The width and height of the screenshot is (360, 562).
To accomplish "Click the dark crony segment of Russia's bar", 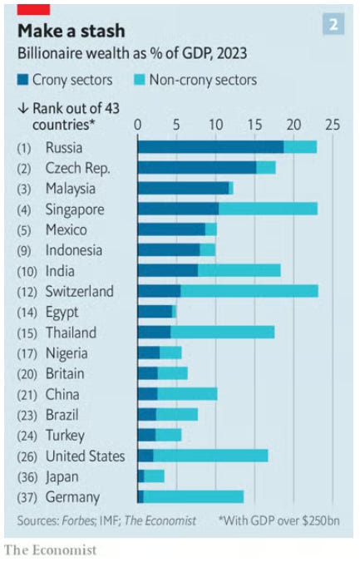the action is coord(211,147).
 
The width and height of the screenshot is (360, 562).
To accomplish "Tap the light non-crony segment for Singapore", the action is coord(269,209).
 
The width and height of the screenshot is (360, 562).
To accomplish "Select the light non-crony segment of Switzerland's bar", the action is coord(249,291).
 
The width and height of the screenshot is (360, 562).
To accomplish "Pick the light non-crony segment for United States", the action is coord(210,456).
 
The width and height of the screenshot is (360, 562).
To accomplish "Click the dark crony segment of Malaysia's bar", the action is coord(183,188).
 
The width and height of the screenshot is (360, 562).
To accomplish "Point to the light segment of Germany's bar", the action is coord(194,497).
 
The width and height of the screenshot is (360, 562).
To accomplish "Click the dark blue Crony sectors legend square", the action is coord(22,80).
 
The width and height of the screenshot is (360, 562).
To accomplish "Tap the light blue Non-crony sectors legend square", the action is coord(140,80).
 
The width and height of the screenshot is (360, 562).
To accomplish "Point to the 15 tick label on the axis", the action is coord(254,125).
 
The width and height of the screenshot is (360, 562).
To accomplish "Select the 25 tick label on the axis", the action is coord(333,125).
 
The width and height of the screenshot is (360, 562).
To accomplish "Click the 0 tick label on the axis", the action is coord(138,125).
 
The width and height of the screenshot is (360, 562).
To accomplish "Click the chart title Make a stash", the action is coord(72,31).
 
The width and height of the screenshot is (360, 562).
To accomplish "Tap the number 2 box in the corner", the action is coord(333,24).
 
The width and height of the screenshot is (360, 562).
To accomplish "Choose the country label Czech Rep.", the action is coord(78,168).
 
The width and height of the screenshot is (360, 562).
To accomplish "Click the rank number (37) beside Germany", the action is coord(27,497).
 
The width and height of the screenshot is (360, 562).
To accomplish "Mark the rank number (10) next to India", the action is coord(27,271).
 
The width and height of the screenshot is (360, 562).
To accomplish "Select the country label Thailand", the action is coord(71,333).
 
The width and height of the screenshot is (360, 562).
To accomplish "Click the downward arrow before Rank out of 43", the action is coord(22,108).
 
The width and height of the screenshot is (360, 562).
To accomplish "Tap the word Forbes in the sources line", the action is coord(78,520).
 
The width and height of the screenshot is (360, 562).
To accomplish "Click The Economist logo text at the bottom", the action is coord(51,550).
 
